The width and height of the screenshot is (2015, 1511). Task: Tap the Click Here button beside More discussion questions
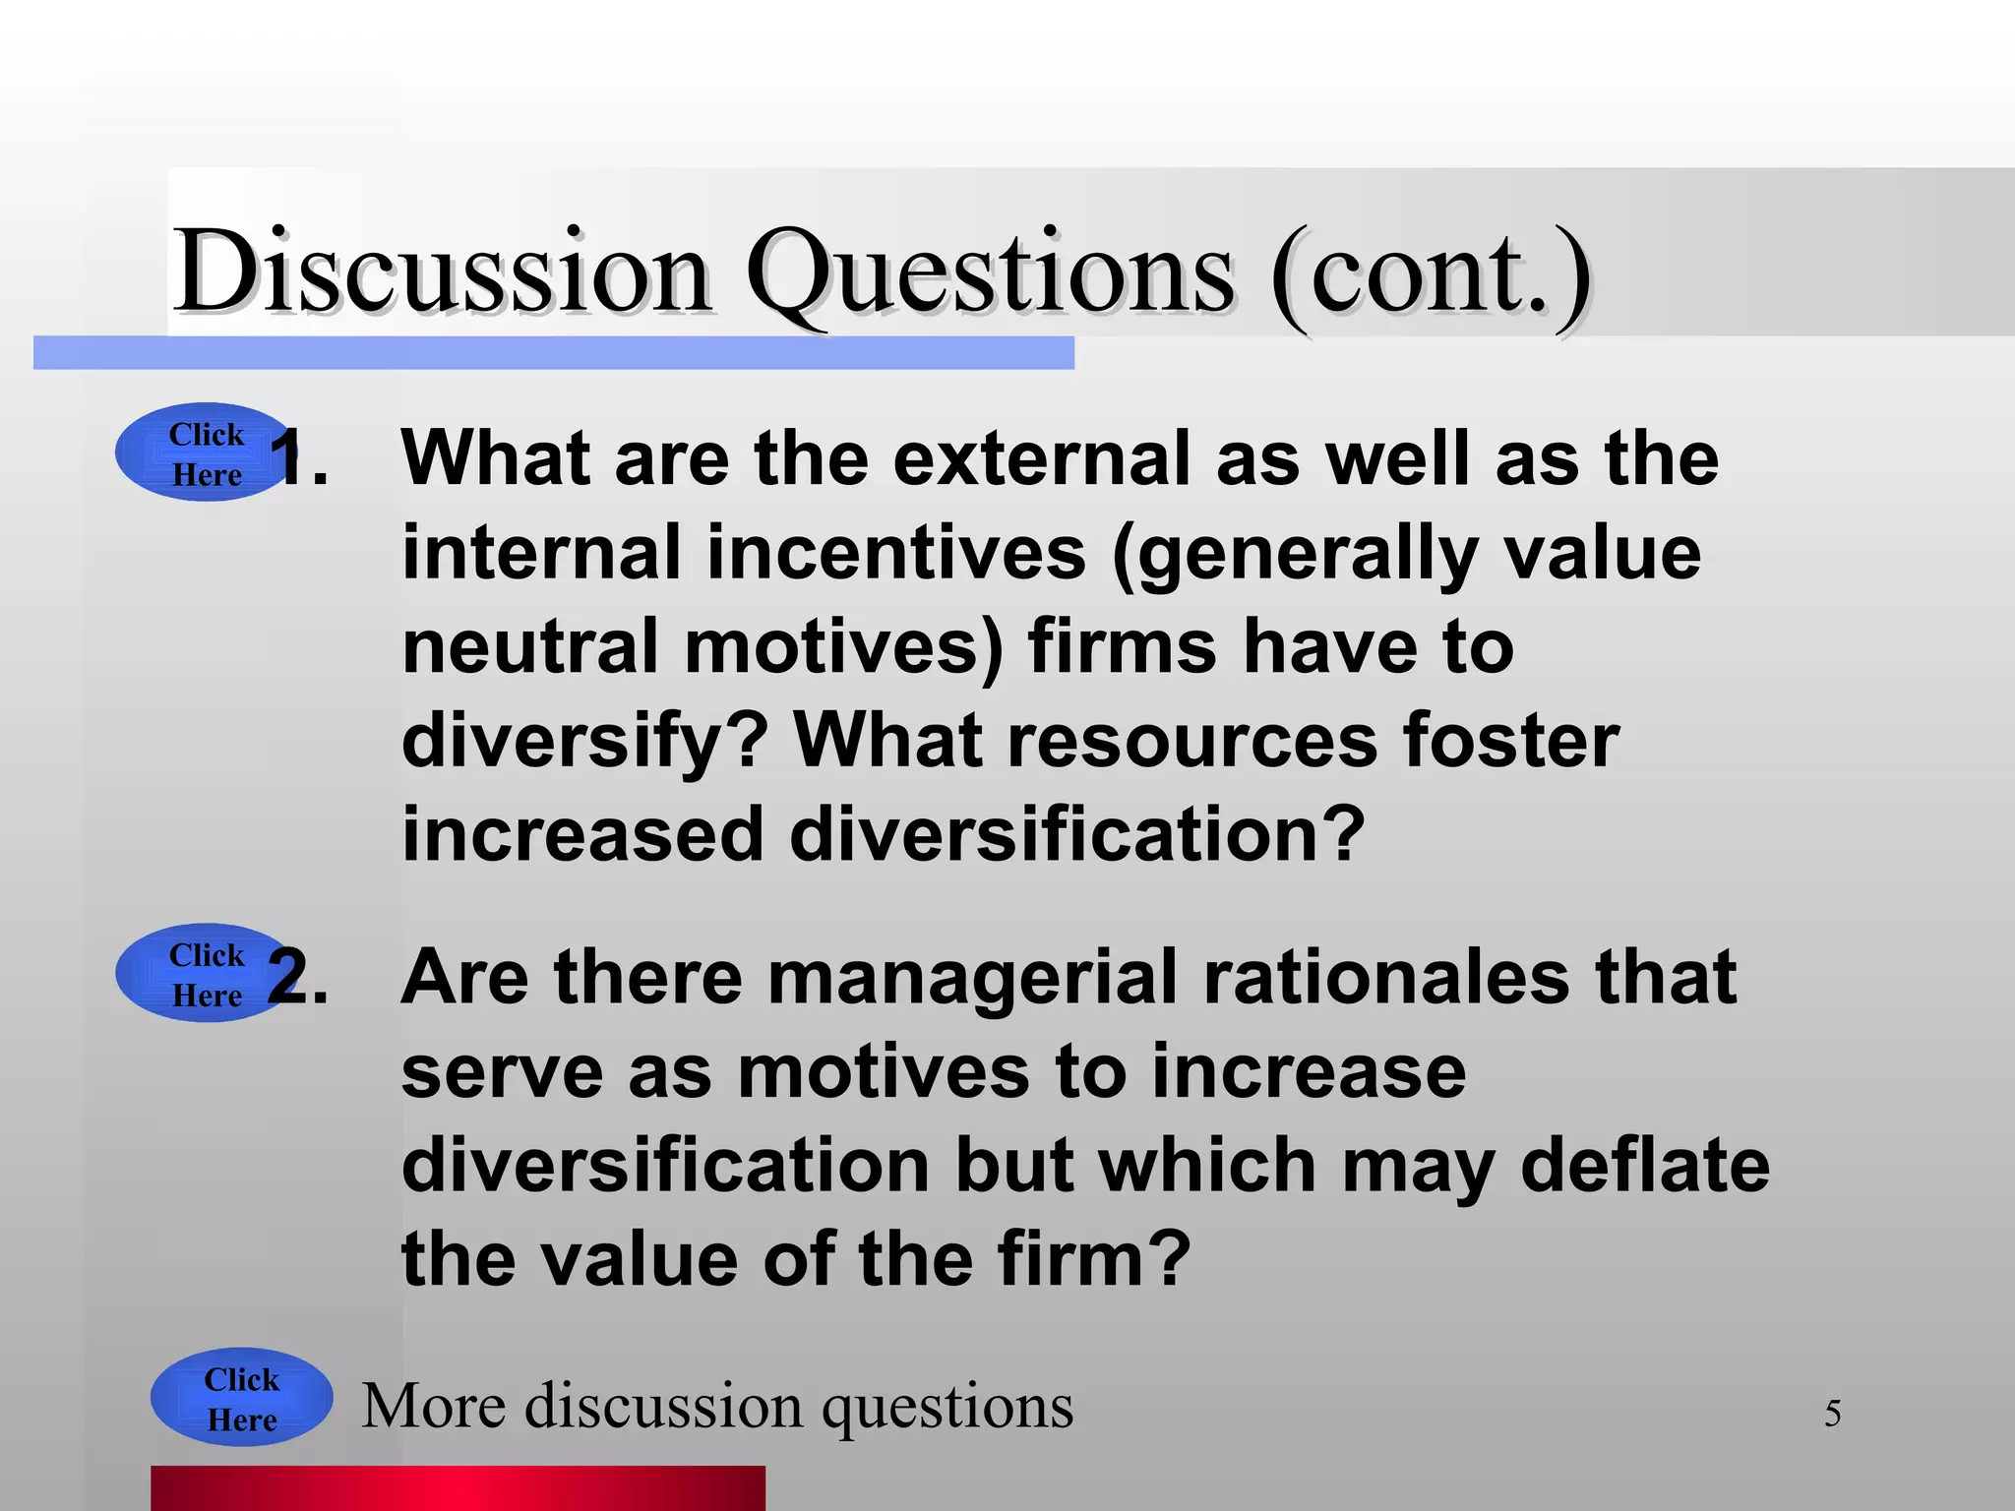coord(241,1398)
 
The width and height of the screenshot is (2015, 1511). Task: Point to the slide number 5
coord(1832,1414)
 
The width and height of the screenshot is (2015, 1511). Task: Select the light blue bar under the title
coord(553,352)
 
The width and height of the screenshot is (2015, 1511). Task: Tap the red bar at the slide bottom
coord(458,1487)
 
